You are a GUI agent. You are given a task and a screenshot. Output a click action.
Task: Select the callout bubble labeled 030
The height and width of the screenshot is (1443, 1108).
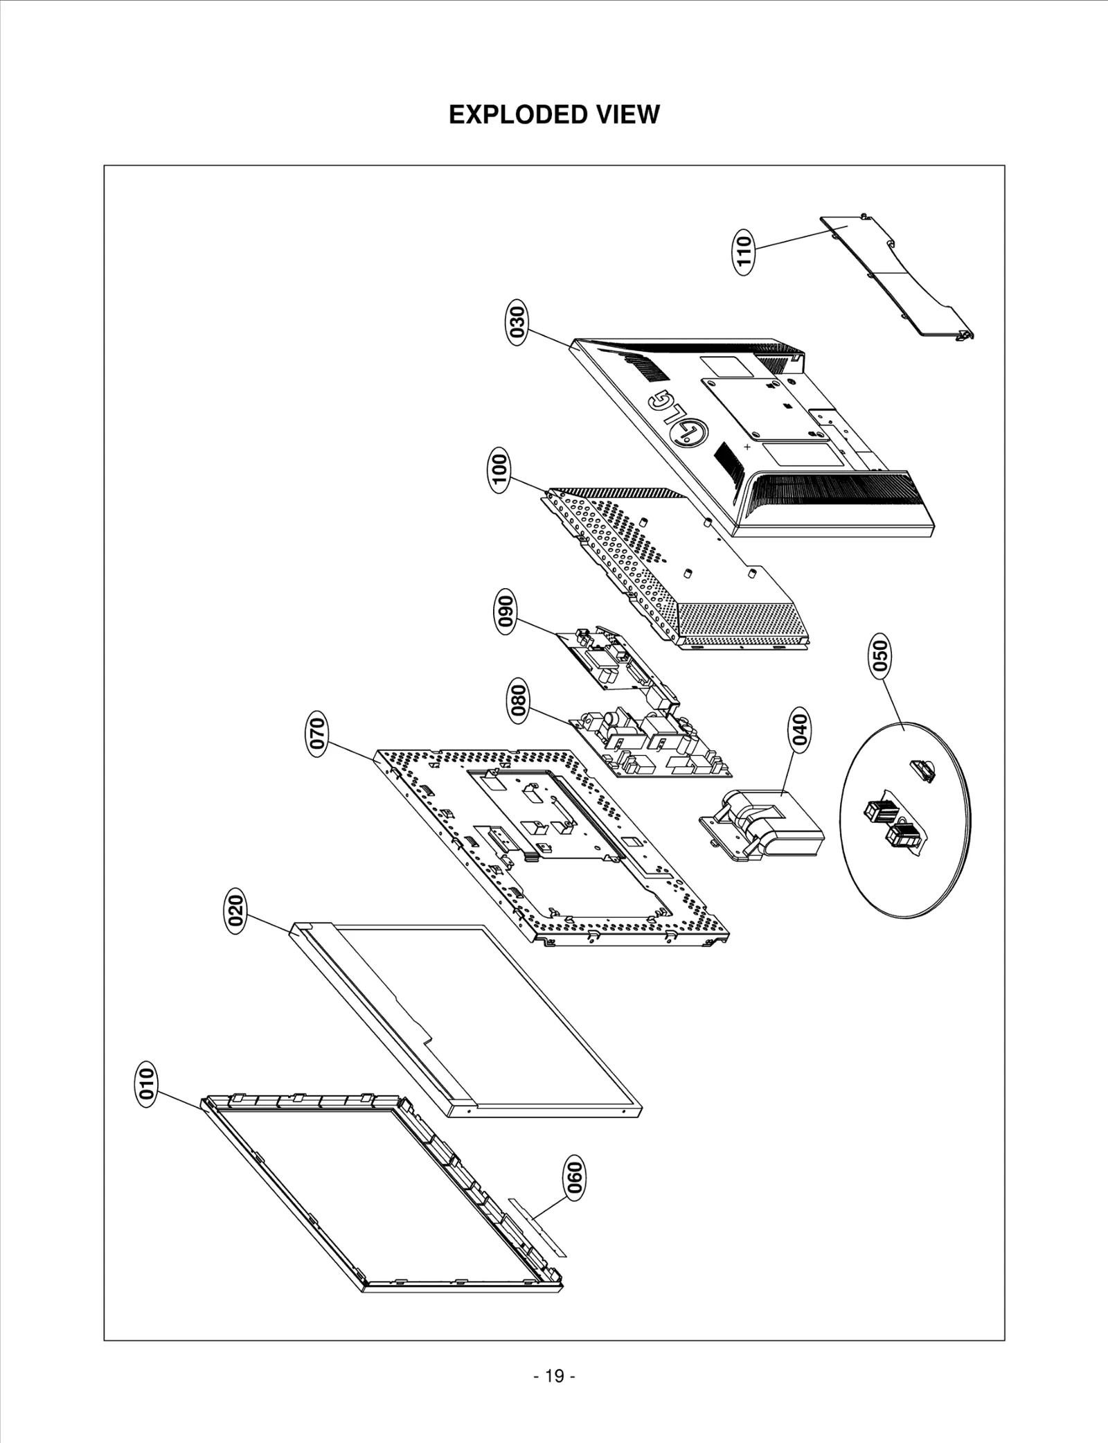pyautogui.click(x=517, y=321)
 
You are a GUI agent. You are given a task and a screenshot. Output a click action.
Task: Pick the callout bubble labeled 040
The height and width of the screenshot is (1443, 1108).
pyautogui.click(x=799, y=729)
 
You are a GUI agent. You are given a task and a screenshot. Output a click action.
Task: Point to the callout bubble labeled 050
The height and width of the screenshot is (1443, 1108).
pyautogui.click(x=880, y=656)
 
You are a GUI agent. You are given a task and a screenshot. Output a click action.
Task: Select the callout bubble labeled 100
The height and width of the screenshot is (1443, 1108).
pyautogui.click(x=499, y=470)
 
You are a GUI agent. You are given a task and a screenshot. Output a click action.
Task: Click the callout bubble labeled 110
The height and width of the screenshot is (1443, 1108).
pyautogui.click(x=744, y=252)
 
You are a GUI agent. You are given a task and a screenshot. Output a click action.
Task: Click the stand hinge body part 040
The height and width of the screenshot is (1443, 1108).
pyautogui.click(x=765, y=824)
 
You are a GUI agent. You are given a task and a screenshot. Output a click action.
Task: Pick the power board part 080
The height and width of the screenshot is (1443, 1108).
pyautogui.click(x=651, y=745)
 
